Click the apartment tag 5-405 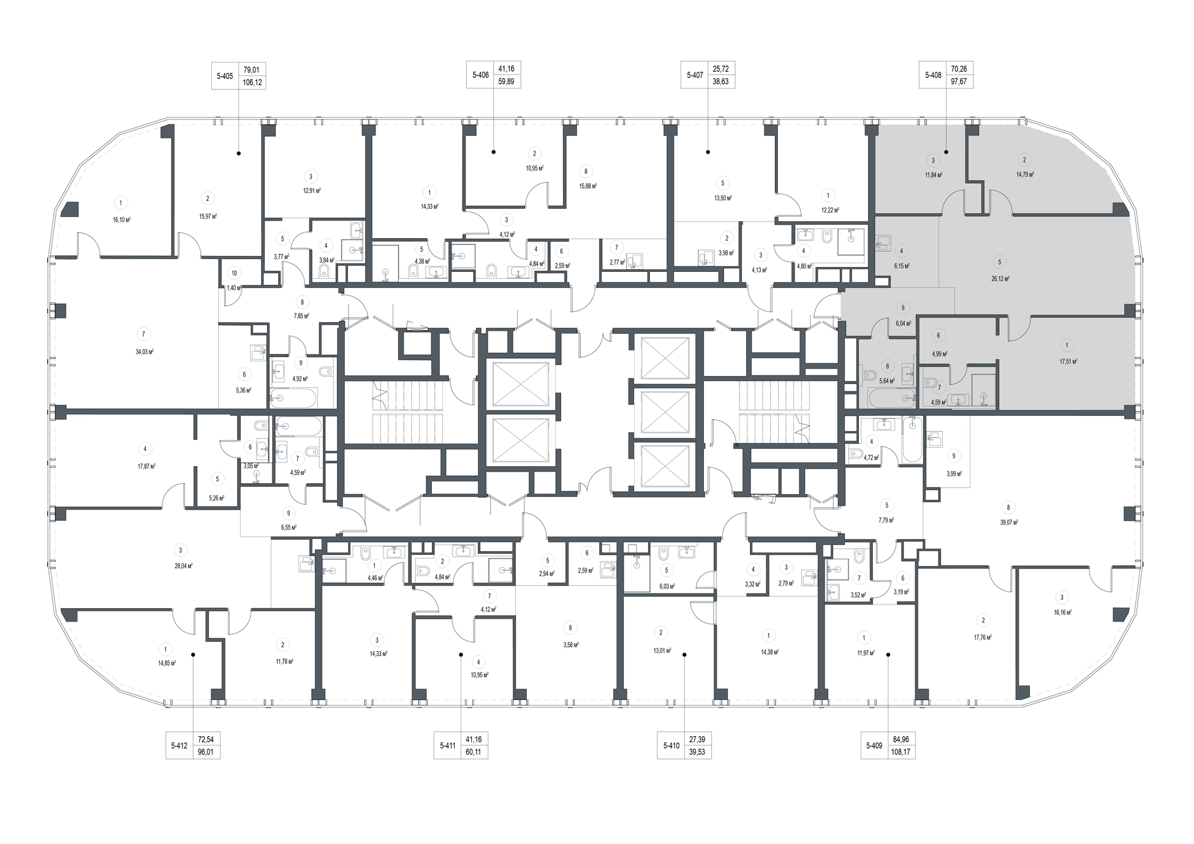[x=225, y=76]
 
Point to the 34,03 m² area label [x=144, y=352]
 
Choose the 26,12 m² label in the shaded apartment [x=1000, y=278]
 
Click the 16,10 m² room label [x=121, y=219]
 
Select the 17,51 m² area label [x=1068, y=361]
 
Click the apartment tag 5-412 [x=179, y=745]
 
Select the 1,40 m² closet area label [x=234, y=287]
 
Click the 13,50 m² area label [x=723, y=198]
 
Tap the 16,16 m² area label [x=1062, y=612]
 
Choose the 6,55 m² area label [x=288, y=527]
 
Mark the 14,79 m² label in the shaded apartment [x=1025, y=175]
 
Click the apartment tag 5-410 [x=671, y=745]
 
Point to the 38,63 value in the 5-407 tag [x=720, y=81]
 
